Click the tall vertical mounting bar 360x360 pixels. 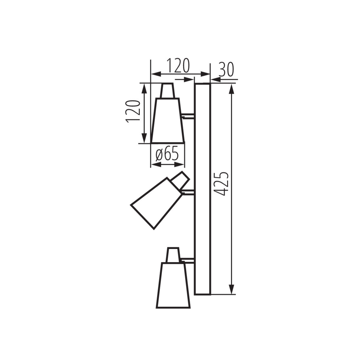202,189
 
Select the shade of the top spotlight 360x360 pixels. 167,120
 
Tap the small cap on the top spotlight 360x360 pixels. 167,91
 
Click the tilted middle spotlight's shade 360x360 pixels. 155,202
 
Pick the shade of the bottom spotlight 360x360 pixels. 173,285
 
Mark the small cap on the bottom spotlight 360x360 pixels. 173,255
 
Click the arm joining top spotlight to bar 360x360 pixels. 188,115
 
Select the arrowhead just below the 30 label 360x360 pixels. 215,79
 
